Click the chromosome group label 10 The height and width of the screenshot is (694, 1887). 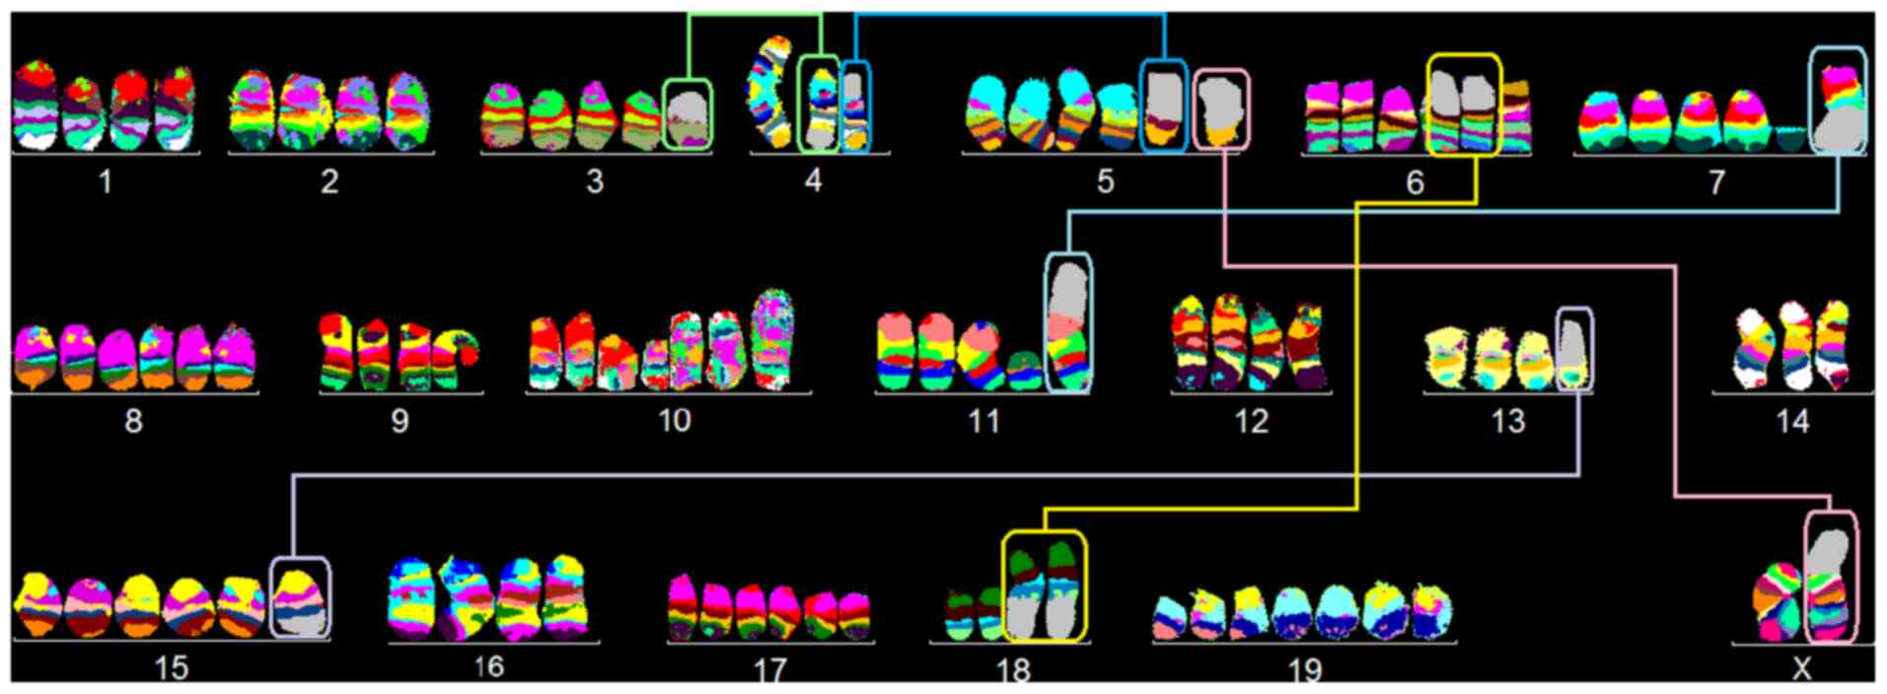coord(675,421)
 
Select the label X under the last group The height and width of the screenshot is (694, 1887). coord(1801,668)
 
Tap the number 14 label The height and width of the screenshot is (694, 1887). coord(1792,422)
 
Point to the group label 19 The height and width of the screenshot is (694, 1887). coord(1304,670)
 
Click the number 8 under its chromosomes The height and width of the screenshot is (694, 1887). coord(133,422)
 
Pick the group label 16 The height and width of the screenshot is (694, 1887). coord(488,667)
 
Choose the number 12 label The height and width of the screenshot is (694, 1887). coord(1251,422)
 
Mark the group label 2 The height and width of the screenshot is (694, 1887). coord(329,181)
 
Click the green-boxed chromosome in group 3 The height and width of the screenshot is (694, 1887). coord(687,114)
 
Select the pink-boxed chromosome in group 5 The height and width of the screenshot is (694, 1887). coord(1221,108)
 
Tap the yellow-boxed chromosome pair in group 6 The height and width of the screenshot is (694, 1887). coord(1464,106)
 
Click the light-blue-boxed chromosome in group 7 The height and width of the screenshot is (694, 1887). coord(1838,104)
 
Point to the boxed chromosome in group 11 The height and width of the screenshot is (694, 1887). coord(1068,323)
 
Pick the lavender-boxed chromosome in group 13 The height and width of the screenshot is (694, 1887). coord(1573,350)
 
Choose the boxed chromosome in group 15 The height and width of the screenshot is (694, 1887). coord(300,598)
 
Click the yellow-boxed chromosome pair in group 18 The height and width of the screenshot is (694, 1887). coord(1044,588)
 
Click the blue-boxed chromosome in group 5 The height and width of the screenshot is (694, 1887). coord(1164,106)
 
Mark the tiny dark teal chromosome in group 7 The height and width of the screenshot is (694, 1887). coord(1790,138)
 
